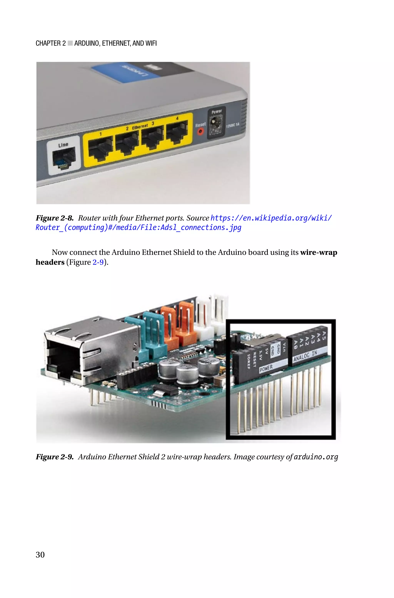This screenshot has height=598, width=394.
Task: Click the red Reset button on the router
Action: click(200, 131)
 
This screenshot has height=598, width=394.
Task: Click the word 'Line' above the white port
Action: click(63, 145)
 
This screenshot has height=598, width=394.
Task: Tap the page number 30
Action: click(40, 554)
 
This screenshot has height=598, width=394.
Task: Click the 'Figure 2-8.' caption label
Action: click(54, 218)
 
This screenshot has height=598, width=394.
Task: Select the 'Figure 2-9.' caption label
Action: click(54, 457)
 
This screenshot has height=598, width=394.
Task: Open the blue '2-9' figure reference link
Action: click(98, 262)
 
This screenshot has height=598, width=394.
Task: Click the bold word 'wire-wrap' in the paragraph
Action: click(319, 252)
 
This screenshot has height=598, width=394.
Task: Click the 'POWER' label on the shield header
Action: click(266, 369)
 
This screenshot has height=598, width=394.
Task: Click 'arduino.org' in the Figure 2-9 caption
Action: click(316, 457)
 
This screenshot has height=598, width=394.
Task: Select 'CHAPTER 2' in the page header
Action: click(51, 43)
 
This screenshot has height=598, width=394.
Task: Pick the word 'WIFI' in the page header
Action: click(151, 43)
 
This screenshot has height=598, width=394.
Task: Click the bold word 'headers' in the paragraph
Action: click(50, 262)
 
